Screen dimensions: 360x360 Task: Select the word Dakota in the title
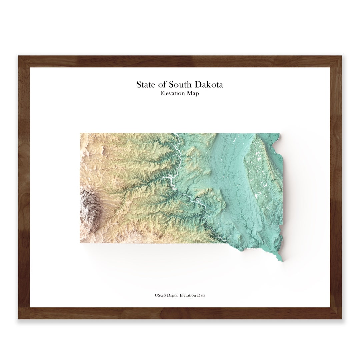[210, 84]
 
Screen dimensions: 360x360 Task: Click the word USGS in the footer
[160, 295]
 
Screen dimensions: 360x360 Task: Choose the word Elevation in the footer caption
[190, 295]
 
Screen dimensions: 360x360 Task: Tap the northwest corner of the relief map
[81, 134]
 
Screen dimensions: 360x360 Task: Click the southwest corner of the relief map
[81, 242]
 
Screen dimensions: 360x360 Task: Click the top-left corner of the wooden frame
[19, 56]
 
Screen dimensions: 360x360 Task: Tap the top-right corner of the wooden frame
[341, 56]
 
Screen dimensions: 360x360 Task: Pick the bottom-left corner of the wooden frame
[19, 319]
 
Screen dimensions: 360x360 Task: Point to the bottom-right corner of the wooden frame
[341, 319]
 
